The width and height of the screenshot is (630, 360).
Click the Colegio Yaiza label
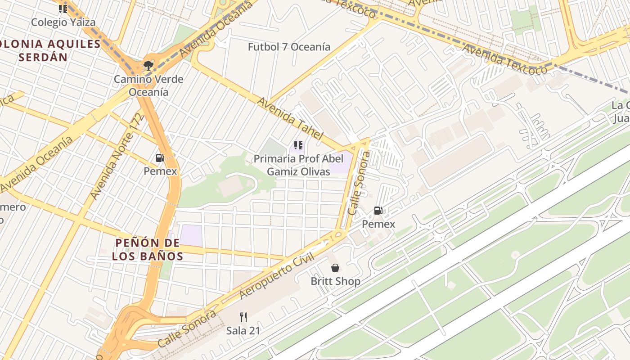point(63,22)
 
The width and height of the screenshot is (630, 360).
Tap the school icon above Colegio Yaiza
point(63,9)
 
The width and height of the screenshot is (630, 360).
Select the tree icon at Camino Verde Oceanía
point(148,66)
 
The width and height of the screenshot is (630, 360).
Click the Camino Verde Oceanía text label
point(148,85)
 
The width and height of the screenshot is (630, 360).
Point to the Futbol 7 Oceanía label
point(289,47)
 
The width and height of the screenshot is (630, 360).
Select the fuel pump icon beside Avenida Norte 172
point(160,158)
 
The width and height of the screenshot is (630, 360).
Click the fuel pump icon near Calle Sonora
point(378,210)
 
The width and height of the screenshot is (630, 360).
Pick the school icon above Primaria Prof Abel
point(298,145)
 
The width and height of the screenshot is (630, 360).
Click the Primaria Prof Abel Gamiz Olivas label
point(298,165)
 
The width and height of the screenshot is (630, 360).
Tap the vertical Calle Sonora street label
point(359,183)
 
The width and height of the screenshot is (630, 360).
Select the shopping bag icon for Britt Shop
point(335,268)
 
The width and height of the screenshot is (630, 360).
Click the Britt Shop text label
point(335,281)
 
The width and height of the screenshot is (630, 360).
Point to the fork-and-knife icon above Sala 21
point(243,317)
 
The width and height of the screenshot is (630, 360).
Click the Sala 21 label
point(243,330)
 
